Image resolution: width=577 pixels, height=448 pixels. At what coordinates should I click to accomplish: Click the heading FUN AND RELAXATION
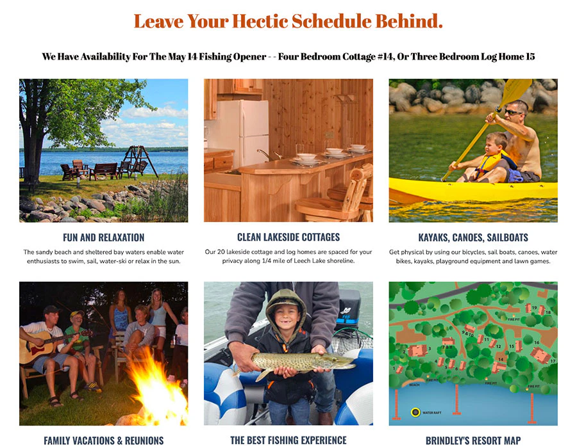coord(103,237)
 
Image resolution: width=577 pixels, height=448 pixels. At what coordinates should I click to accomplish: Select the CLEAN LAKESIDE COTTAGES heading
coord(288,237)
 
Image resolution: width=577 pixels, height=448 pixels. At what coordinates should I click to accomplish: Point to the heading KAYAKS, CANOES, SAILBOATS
coord(473,237)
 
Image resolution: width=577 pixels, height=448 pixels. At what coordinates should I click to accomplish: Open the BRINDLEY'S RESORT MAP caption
coord(473,440)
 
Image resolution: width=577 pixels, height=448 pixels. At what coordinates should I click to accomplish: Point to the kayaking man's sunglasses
coord(513,113)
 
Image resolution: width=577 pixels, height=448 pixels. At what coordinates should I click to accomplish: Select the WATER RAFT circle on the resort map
coord(415,412)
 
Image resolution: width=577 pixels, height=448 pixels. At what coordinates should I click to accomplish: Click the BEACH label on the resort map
coord(414,385)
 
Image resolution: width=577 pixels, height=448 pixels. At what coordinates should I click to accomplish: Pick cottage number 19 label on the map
coord(533,307)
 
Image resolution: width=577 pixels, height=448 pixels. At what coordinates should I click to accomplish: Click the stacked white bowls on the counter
coord(333,153)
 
